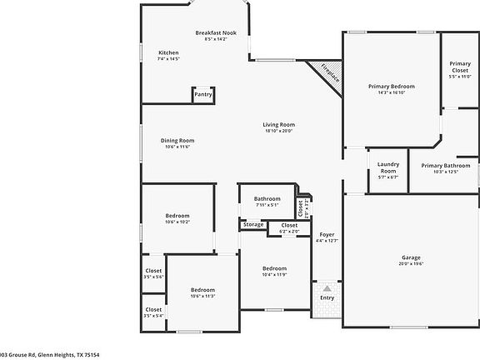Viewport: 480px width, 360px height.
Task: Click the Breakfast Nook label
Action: [216, 32]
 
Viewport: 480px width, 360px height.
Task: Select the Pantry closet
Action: [203, 94]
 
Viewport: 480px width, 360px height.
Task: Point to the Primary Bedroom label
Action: [391, 86]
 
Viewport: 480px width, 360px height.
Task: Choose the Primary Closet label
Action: [460, 67]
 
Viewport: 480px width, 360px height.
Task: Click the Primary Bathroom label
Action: [445, 165]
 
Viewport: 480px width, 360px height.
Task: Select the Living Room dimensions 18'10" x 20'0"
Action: [279, 131]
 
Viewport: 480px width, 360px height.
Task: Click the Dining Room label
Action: [177, 140]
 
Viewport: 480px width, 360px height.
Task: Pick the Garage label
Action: [411, 257]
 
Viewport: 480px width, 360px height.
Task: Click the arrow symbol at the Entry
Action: [327, 287]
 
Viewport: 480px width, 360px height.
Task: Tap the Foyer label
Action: [327, 235]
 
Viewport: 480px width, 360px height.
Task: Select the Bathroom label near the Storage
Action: [267, 198]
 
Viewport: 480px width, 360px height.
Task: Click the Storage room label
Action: [253, 224]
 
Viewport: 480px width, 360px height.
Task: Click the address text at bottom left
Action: [50, 354]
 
